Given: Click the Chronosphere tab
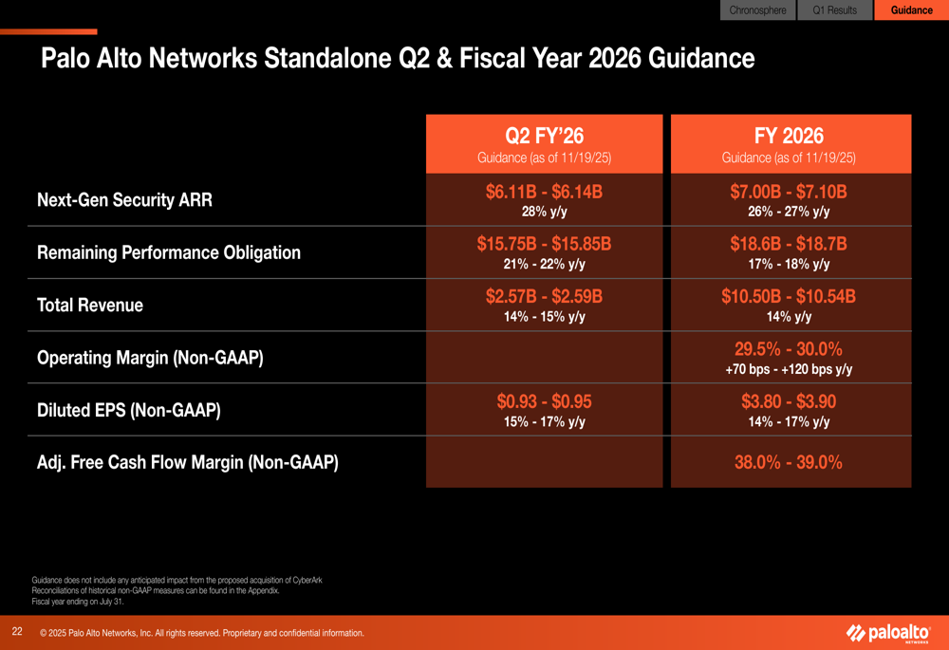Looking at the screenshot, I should click(x=757, y=10).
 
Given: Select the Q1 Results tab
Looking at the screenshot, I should click(x=834, y=10).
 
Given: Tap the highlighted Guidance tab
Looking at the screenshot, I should click(x=911, y=10).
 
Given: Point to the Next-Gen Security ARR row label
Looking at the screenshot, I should click(x=124, y=200).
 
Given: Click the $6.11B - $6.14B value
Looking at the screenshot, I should click(x=544, y=192).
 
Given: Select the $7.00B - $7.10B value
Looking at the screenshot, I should click(x=789, y=192).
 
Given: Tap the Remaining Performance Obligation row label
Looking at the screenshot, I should click(x=169, y=252).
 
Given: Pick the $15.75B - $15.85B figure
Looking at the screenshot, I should click(x=544, y=244).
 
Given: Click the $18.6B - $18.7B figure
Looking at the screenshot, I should click(x=789, y=244).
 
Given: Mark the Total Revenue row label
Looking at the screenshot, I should click(x=90, y=306).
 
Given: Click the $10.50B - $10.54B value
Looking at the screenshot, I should click(x=789, y=296).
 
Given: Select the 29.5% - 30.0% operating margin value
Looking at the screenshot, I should click(x=789, y=348).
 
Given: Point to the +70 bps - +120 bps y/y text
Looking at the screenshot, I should click(x=789, y=369).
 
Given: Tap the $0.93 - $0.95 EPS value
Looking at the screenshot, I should click(x=544, y=401).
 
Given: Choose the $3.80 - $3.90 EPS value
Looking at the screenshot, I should click(x=789, y=401).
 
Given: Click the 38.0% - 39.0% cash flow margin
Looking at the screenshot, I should click(x=789, y=462).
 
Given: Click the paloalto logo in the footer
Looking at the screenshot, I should click(x=888, y=633).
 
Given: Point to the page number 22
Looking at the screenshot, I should click(x=17, y=631).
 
